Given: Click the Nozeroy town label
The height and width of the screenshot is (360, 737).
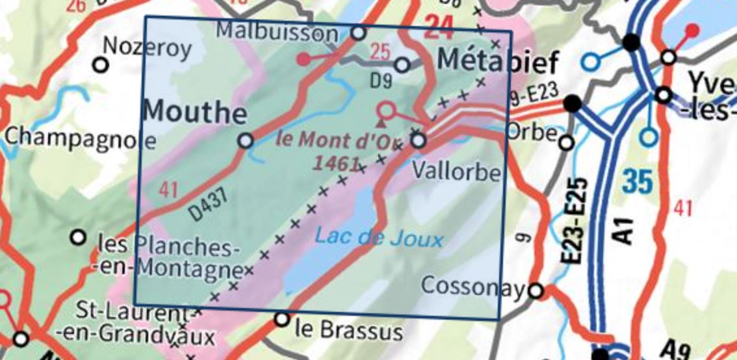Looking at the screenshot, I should [x=148, y=47].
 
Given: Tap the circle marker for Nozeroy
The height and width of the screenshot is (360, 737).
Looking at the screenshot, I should [x=100, y=64].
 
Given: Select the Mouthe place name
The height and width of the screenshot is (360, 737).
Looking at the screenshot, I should [x=194, y=112].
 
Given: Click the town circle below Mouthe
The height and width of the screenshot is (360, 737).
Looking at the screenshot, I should [x=246, y=140].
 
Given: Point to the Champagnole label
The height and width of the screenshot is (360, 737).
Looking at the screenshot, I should [x=80, y=138].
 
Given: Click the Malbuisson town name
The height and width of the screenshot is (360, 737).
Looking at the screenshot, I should [x=277, y=31].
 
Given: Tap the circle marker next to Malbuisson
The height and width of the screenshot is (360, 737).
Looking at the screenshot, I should [x=358, y=32].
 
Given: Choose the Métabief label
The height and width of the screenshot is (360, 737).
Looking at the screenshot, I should [x=498, y=62].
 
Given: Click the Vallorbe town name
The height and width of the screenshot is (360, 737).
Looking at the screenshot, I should [x=458, y=172].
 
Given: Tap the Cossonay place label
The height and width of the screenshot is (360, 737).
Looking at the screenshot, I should [x=473, y=285].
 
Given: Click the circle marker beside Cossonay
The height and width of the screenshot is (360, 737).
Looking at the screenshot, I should [x=536, y=290].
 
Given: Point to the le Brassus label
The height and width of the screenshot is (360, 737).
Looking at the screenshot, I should [x=348, y=331].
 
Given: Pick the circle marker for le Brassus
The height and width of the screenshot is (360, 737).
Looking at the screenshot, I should [x=282, y=319].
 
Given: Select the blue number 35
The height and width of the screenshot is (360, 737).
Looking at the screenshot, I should [x=636, y=181].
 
